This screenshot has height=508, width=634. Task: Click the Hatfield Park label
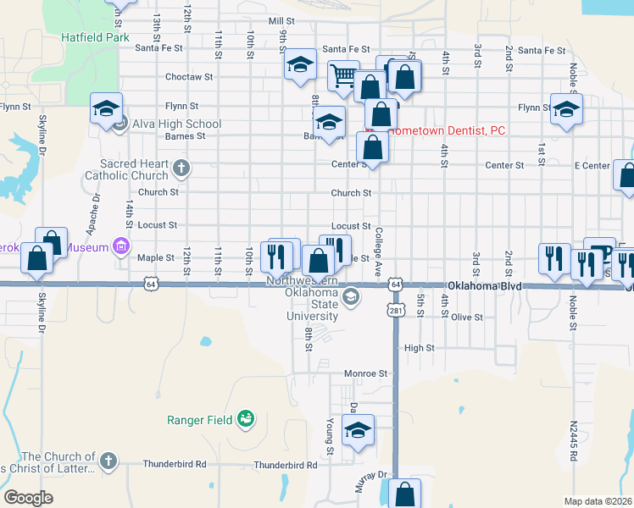coord(95,38)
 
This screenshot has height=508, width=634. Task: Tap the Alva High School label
coord(173,124)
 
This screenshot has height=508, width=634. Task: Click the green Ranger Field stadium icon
coord(246,418)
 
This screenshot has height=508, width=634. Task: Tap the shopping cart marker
coord(344,76)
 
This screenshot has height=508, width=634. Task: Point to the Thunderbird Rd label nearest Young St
coord(285,464)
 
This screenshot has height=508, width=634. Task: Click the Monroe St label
coord(365,373)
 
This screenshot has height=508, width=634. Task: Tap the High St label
coord(419,348)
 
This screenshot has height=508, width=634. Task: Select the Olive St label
coord(466,317)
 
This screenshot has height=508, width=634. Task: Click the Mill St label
coord(281,20)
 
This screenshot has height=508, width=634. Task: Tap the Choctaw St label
coord(188,76)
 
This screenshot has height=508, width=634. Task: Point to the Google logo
coord(29,498)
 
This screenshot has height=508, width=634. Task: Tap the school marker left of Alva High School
coord(106,108)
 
